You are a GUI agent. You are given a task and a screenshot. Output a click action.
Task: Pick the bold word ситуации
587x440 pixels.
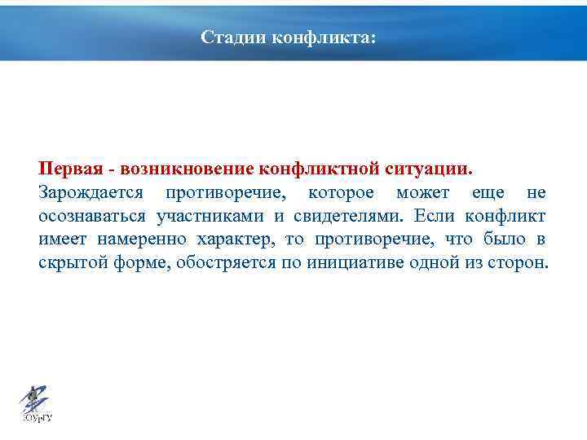(x=427, y=169)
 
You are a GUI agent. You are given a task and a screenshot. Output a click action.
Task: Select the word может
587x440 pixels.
(x=423, y=192)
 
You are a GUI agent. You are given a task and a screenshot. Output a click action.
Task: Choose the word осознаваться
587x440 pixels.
(x=92, y=216)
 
